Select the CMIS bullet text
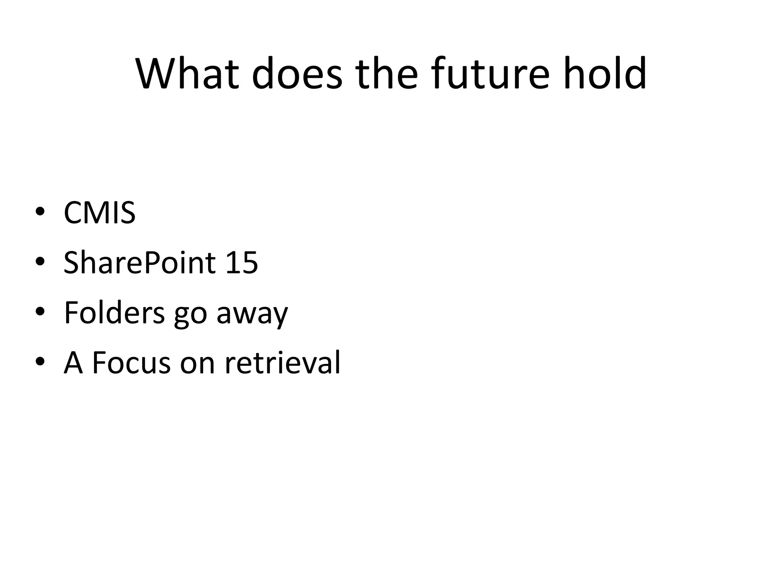(x=99, y=213)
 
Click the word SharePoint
(x=140, y=263)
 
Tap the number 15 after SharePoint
(x=242, y=263)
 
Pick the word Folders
(x=114, y=313)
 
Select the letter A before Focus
(x=73, y=363)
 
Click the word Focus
(x=131, y=363)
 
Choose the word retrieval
(x=283, y=363)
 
